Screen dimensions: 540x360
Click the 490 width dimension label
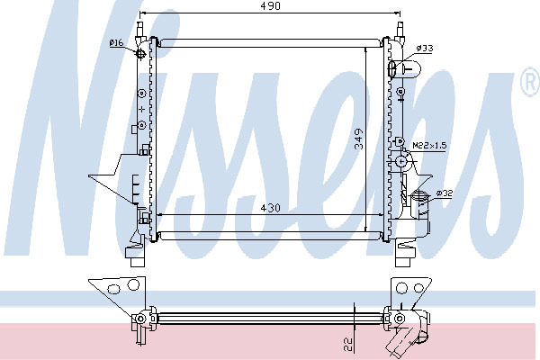[270, 6]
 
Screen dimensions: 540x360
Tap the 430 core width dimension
[270, 208]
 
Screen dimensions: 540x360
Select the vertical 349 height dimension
[359, 139]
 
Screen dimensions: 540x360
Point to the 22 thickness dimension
[348, 344]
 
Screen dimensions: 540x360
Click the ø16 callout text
[116, 43]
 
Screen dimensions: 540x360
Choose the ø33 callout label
[424, 49]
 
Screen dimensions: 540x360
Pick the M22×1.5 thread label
[429, 146]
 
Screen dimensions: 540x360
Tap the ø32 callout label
[445, 193]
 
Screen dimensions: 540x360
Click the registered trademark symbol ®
[530, 83]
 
